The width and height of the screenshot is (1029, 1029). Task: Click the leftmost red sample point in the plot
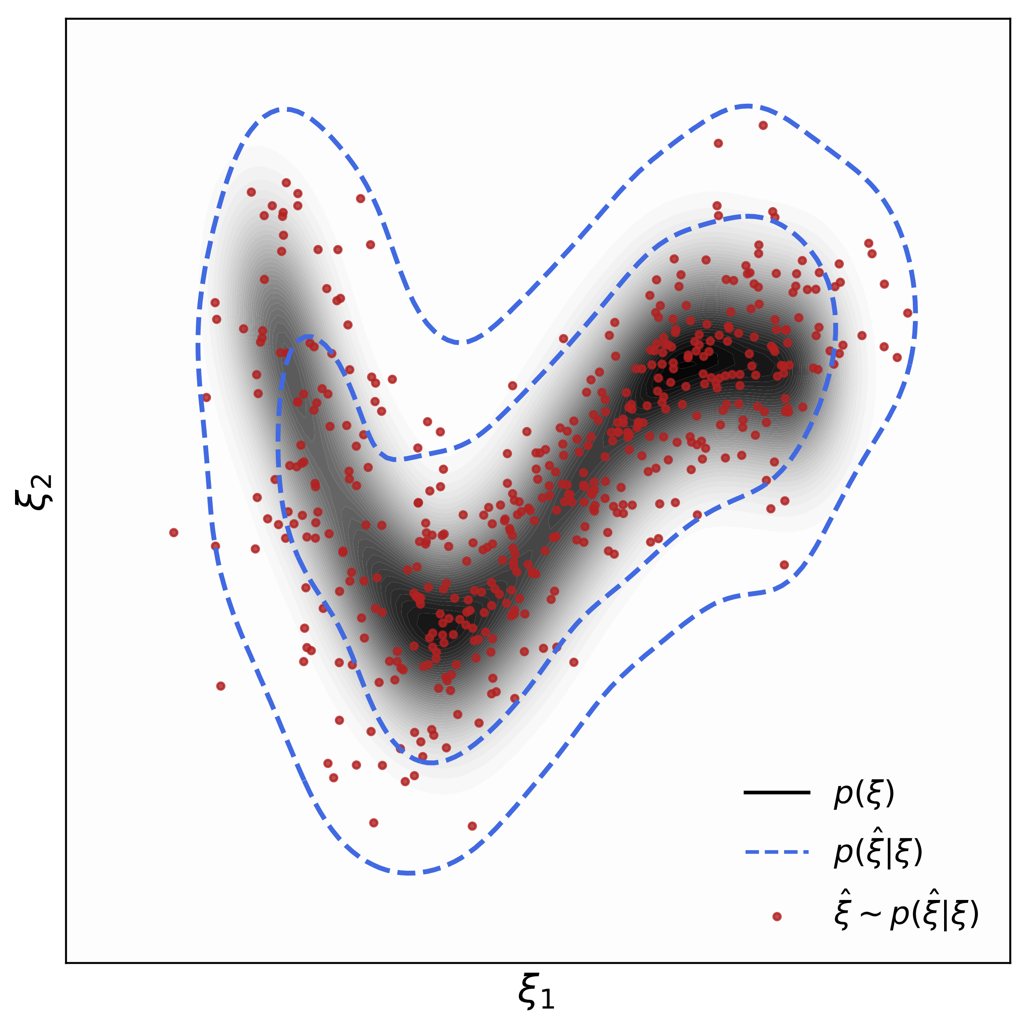pyautogui.click(x=174, y=533)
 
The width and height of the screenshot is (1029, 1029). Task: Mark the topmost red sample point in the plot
pyautogui.click(x=763, y=125)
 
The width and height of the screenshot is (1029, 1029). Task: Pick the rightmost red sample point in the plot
pyautogui.click(x=908, y=313)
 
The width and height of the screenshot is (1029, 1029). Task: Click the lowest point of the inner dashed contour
pyautogui.click(x=433, y=763)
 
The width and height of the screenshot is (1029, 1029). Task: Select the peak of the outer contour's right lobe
pyautogui.click(x=747, y=106)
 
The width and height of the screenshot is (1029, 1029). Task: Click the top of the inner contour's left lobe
pyautogui.click(x=308, y=337)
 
